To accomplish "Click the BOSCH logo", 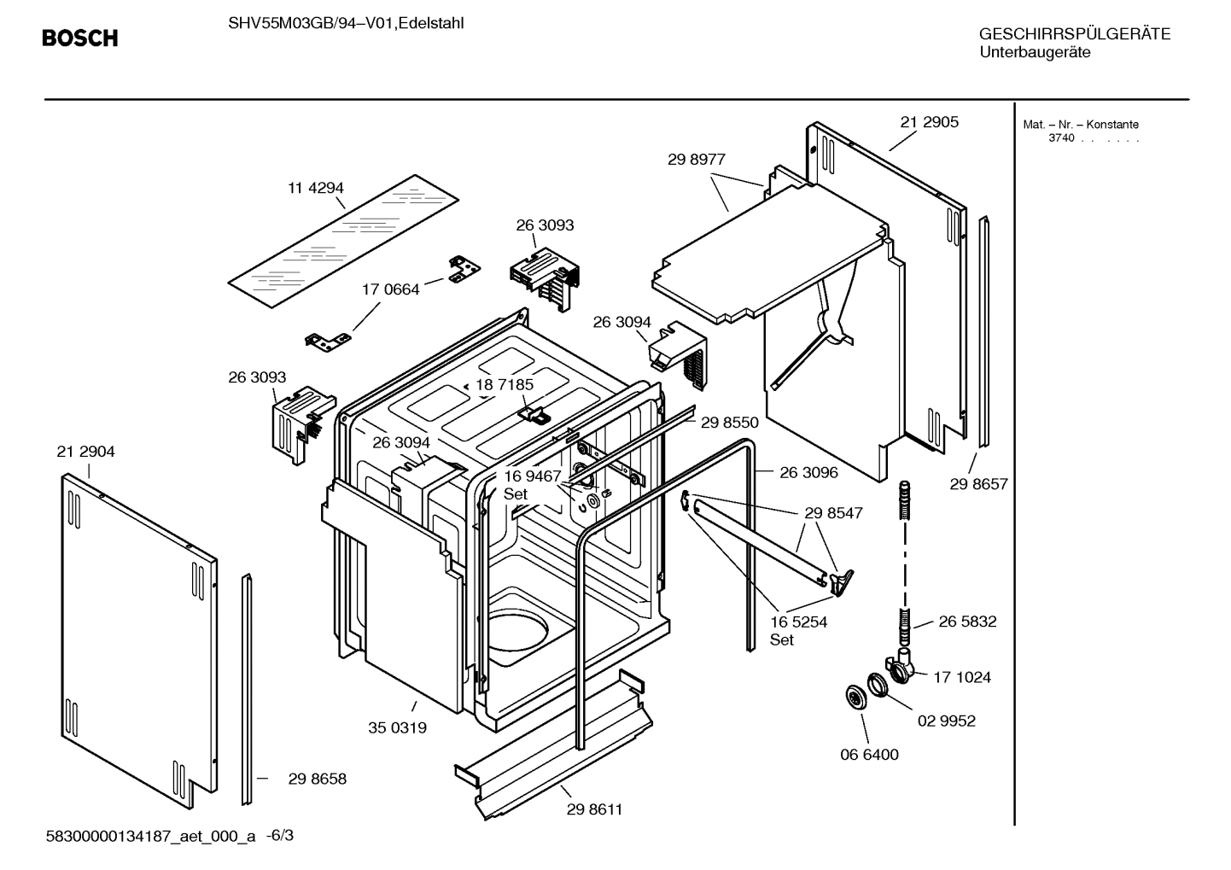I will coord(79,38).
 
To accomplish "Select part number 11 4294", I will coord(315,188).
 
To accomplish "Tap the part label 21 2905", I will coord(929,122).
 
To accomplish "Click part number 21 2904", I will coord(85,452).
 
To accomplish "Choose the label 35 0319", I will coord(397,728).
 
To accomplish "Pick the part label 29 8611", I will coord(594,809).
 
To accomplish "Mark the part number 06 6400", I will coord(869,755).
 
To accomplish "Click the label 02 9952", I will coord(946,721).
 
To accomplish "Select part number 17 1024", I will coord(961,677).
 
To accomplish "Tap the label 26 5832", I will coord(967,622).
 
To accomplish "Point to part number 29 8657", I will coord(978,484).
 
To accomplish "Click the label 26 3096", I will coord(808,472).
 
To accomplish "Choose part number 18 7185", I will coord(505,385).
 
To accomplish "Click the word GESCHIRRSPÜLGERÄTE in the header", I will coord(1074,34).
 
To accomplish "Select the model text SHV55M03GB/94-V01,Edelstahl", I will coord(346,23).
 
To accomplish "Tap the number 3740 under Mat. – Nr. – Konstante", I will coord(1061,138).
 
